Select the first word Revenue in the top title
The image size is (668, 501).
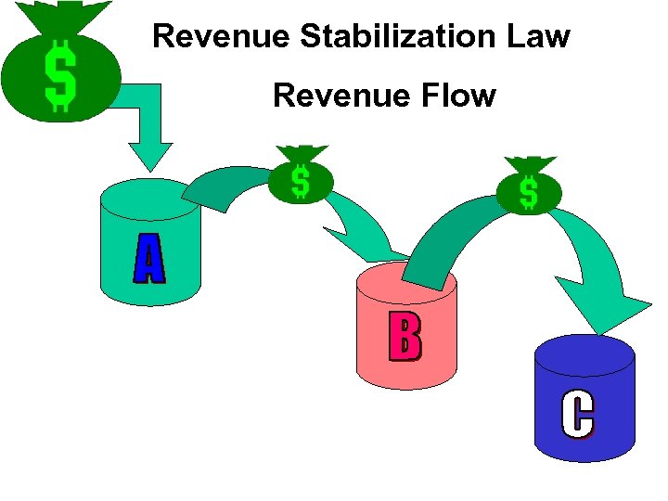[x=222, y=36]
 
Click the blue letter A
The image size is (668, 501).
[x=148, y=259]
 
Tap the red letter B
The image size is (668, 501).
[x=405, y=337]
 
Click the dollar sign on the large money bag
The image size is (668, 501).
[x=60, y=77]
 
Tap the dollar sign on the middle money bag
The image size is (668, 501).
[x=301, y=182]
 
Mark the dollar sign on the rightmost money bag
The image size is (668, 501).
[x=528, y=192]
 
